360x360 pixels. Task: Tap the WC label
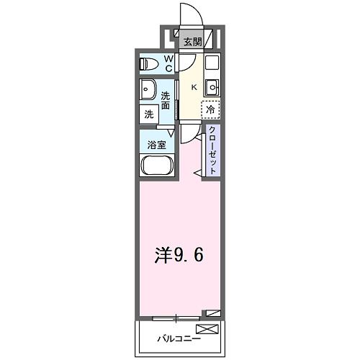click(x=167, y=64)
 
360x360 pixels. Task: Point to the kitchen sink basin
click(x=211, y=88)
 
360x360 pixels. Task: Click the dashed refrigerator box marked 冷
click(x=210, y=109)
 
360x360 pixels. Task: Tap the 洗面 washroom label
click(x=166, y=101)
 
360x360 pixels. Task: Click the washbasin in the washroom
click(x=149, y=91)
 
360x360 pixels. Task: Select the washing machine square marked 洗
click(x=148, y=114)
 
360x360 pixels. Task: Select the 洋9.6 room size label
click(x=177, y=256)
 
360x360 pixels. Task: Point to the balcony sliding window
click(x=177, y=317)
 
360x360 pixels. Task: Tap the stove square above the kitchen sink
click(x=211, y=63)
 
